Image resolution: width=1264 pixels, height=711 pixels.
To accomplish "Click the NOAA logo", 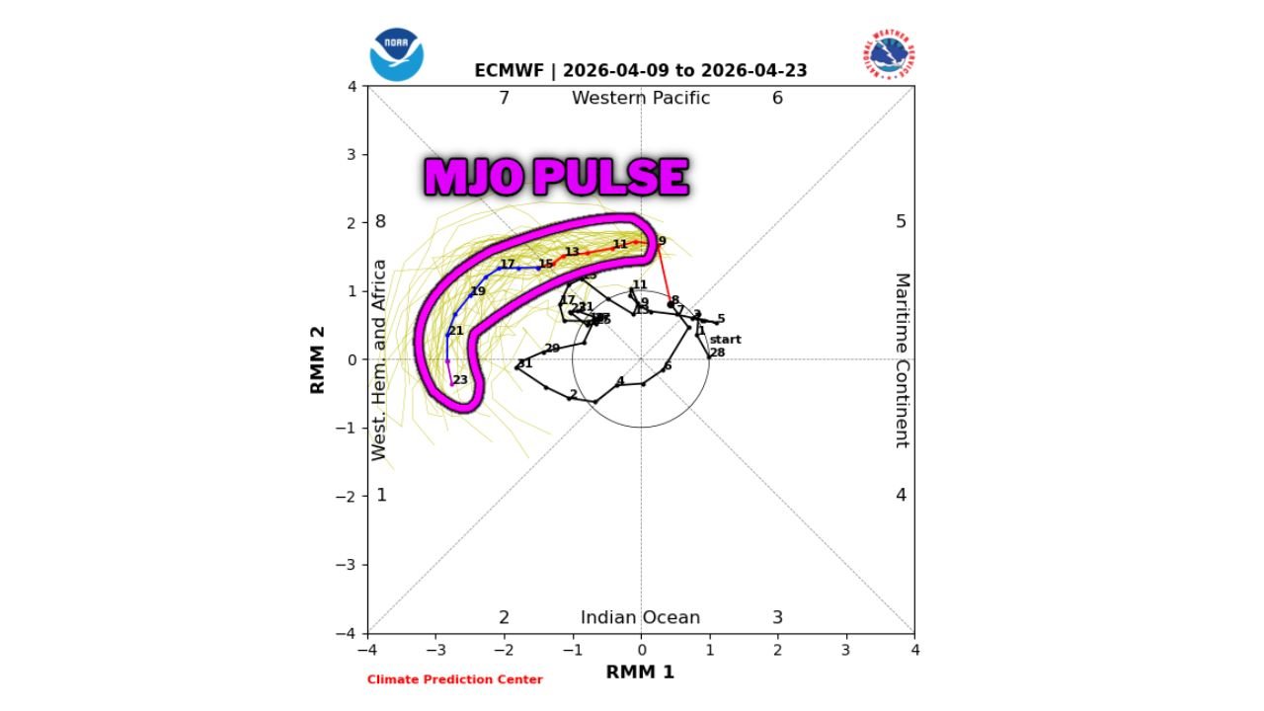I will [x=396, y=54].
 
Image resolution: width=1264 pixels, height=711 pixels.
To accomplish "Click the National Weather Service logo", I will [x=890, y=54].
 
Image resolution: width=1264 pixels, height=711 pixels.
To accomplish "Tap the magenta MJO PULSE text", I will [x=556, y=178].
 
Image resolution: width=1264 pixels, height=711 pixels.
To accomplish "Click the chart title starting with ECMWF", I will [x=640, y=71].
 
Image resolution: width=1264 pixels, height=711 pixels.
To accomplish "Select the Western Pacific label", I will [x=640, y=98].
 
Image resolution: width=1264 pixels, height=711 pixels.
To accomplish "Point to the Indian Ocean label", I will [x=640, y=618].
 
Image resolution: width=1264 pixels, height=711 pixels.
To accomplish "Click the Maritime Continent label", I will [x=902, y=360].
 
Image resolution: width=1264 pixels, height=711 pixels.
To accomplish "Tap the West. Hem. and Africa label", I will [x=380, y=360].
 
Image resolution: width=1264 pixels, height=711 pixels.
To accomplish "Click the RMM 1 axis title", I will [x=640, y=672].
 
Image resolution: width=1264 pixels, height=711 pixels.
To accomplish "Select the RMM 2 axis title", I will [x=318, y=360].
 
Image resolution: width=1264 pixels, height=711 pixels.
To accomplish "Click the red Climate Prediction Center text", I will [x=454, y=679].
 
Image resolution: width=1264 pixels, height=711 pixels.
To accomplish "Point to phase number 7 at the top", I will [x=504, y=98].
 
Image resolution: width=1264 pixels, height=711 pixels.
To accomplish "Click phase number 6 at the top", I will [x=777, y=98].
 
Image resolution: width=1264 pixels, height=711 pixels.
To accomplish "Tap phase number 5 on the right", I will [x=901, y=221].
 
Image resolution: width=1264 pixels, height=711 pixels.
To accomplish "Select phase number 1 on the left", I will [x=381, y=495].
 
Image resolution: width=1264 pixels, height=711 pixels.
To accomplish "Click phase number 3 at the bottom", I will [x=777, y=618].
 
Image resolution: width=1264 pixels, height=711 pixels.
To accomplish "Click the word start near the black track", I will [x=725, y=340].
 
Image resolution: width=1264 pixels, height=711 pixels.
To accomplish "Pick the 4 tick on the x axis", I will [x=914, y=650].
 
